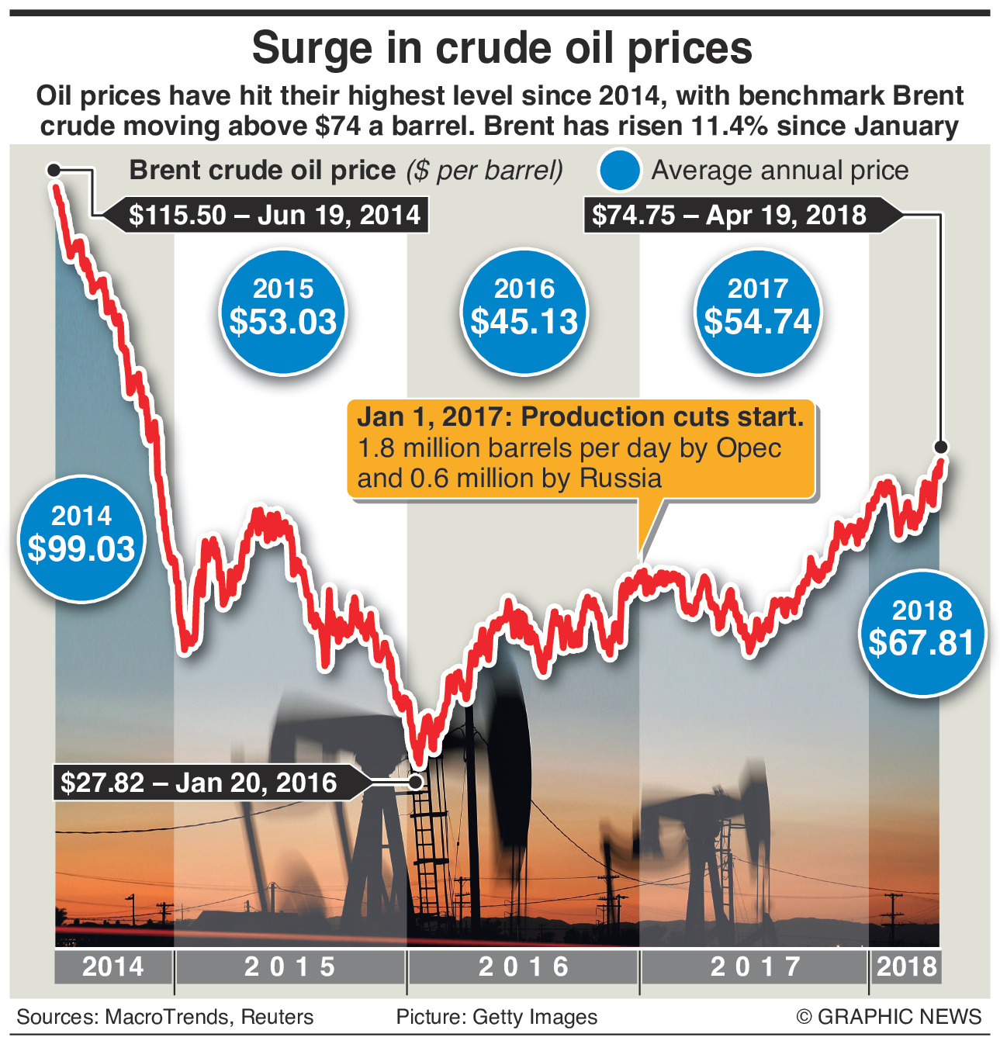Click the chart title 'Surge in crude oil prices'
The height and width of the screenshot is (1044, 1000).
(502, 49)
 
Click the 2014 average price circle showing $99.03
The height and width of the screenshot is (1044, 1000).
(81, 537)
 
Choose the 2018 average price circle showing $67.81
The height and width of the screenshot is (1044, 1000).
(922, 631)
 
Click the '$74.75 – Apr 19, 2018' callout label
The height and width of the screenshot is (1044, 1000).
(729, 215)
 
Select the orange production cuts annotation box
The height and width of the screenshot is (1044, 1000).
(580, 448)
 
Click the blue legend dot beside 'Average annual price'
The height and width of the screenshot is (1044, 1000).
(619, 171)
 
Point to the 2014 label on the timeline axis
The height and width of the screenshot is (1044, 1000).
(113, 966)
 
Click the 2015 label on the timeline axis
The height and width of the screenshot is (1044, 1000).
(290, 966)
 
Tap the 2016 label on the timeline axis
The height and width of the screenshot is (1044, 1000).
(524, 966)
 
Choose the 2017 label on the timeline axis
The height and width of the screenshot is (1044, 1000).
(756, 966)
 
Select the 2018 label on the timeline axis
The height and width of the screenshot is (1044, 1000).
(906, 966)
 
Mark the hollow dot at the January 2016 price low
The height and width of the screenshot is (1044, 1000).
(417, 782)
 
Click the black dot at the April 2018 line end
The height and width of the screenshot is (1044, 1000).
(941, 447)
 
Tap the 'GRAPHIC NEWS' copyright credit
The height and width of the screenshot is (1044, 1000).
(898, 1017)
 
